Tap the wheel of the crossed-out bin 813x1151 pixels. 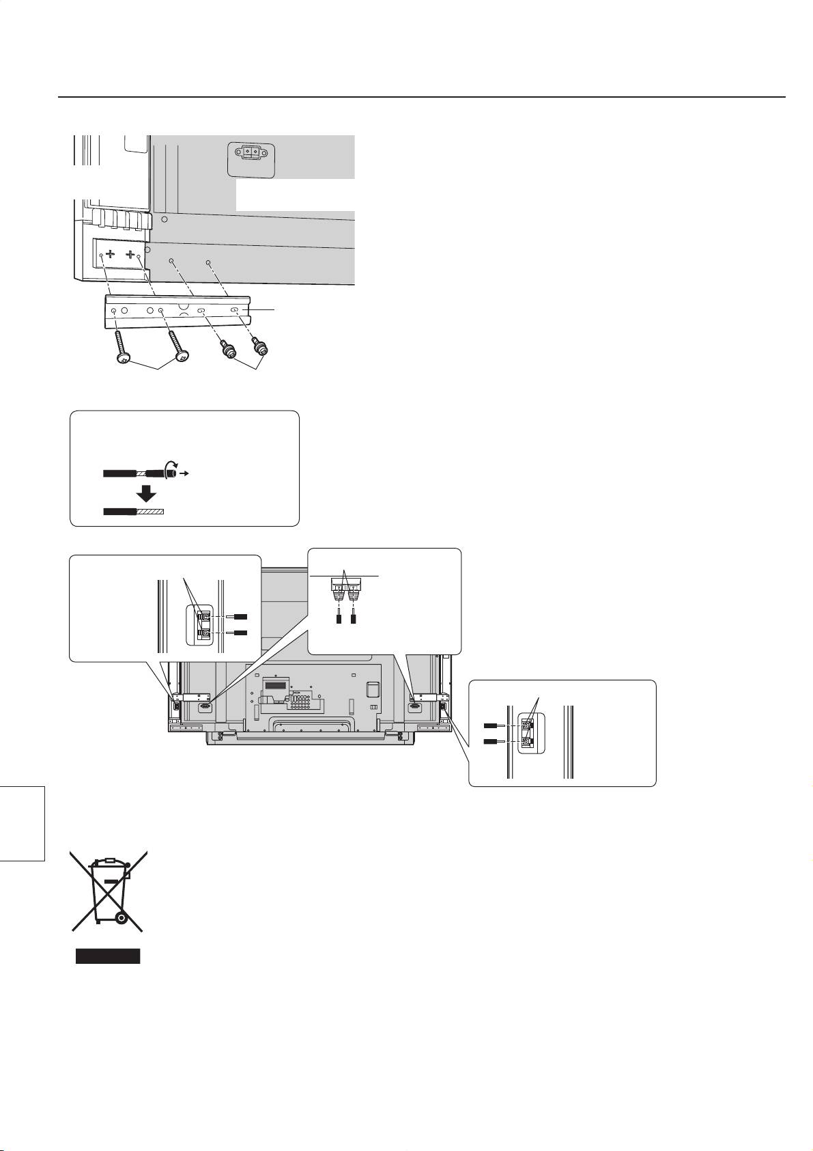pos(121,918)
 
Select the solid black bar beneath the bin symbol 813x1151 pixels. pos(107,956)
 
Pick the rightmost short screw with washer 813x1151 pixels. pos(259,349)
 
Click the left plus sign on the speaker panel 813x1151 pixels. pos(111,255)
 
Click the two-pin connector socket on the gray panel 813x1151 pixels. pos(251,154)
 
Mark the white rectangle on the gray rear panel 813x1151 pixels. pos(295,195)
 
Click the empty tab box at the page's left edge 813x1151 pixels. pos(22,823)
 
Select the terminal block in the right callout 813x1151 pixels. pos(531,732)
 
